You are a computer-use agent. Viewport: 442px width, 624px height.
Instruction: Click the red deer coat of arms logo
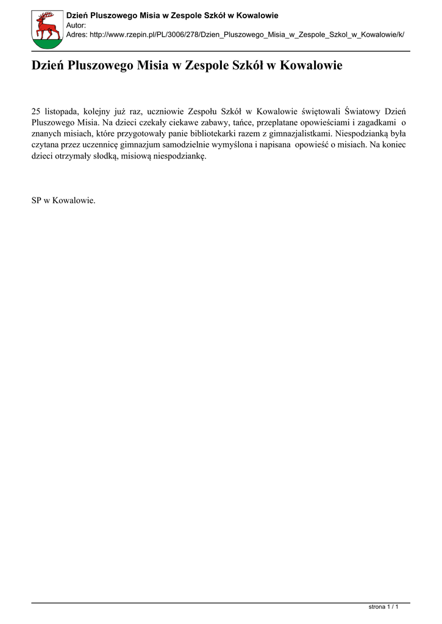[x=46, y=30]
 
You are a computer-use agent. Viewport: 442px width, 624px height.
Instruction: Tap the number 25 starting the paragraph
[x=36, y=112]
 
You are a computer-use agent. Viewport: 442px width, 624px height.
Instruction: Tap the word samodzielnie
[x=187, y=144]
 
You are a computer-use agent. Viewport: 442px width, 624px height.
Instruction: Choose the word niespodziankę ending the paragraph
[x=182, y=155]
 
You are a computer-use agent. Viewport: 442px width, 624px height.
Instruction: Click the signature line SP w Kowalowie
[x=63, y=200]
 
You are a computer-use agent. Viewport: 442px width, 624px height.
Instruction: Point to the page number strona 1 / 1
[x=383, y=607]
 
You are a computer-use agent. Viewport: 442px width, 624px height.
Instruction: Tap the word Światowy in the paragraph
[x=364, y=112]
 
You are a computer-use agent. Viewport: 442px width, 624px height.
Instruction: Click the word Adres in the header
[x=76, y=35]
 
